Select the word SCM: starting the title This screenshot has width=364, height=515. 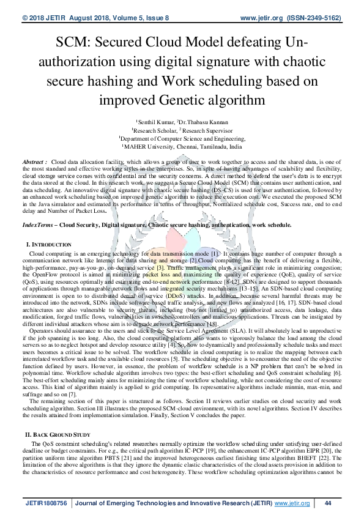(76, 43)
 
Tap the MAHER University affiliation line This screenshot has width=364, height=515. (182, 147)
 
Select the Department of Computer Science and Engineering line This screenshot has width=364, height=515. (182, 139)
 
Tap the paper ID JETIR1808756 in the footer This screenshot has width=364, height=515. (46, 503)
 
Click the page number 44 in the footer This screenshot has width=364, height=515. (328, 503)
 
